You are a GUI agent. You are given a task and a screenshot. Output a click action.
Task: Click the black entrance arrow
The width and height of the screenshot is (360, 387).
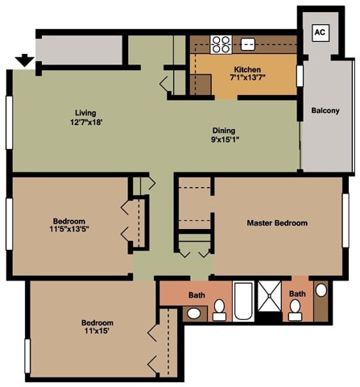click(x=24, y=60)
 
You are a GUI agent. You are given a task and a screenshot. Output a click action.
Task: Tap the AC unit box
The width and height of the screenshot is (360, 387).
click(x=320, y=33)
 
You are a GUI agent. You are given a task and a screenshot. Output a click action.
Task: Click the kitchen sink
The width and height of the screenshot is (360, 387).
click(x=249, y=44)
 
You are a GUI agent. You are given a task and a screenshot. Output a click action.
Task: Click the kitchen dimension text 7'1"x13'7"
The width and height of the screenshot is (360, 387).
click(x=247, y=78)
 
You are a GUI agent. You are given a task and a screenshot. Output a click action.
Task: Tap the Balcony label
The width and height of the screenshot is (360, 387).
click(x=325, y=110)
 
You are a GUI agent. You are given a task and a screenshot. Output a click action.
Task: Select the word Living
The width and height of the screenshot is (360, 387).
click(x=86, y=113)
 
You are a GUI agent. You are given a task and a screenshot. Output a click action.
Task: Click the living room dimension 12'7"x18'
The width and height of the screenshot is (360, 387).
click(x=86, y=123)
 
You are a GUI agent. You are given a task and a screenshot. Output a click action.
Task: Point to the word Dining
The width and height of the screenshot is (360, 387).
click(x=224, y=130)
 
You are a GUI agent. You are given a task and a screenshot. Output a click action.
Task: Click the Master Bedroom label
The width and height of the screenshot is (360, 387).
click(x=277, y=223)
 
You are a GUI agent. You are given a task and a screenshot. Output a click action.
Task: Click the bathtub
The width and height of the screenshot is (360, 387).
click(x=243, y=302)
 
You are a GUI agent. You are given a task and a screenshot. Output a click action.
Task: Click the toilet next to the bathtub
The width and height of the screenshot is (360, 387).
click(x=218, y=310)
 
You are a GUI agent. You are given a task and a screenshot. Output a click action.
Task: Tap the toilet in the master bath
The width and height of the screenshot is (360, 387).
click(x=296, y=310)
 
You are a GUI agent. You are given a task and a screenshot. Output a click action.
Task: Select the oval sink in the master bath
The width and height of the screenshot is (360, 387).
click(x=321, y=290)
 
